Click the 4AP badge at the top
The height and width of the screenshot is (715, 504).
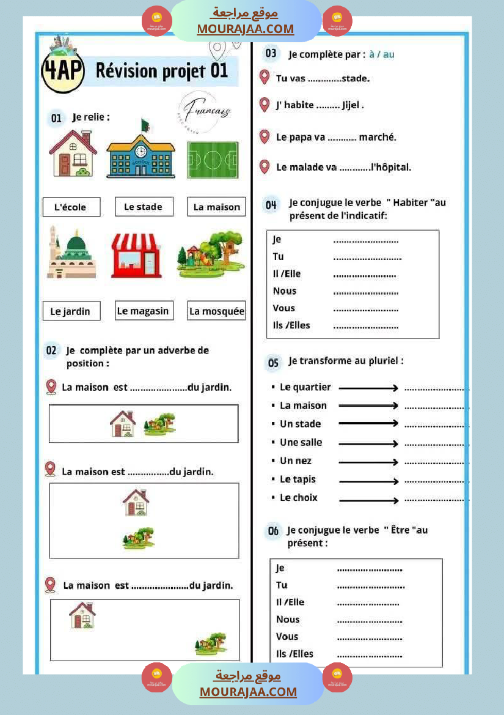click(x=62, y=70)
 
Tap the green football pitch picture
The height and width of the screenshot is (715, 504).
click(x=213, y=160)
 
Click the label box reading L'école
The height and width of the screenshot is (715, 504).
click(x=71, y=207)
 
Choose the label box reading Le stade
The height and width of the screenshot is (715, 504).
click(x=144, y=207)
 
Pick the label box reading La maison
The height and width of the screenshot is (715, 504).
click(x=217, y=207)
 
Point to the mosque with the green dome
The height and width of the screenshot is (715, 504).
click(x=71, y=252)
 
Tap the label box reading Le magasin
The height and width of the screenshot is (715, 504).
click(x=143, y=311)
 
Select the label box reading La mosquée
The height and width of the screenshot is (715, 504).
click(x=217, y=311)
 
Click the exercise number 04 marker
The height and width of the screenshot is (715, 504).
click(x=271, y=205)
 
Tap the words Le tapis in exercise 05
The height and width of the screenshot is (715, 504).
click(x=298, y=480)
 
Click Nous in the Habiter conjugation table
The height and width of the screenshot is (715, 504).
click(x=285, y=291)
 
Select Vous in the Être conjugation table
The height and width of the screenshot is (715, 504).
click(x=287, y=636)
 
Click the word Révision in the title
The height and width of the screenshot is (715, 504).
click(x=126, y=71)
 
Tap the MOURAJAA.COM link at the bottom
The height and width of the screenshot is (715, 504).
click(x=248, y=692)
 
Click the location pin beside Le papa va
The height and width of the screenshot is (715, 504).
click(x=265, y=136)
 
